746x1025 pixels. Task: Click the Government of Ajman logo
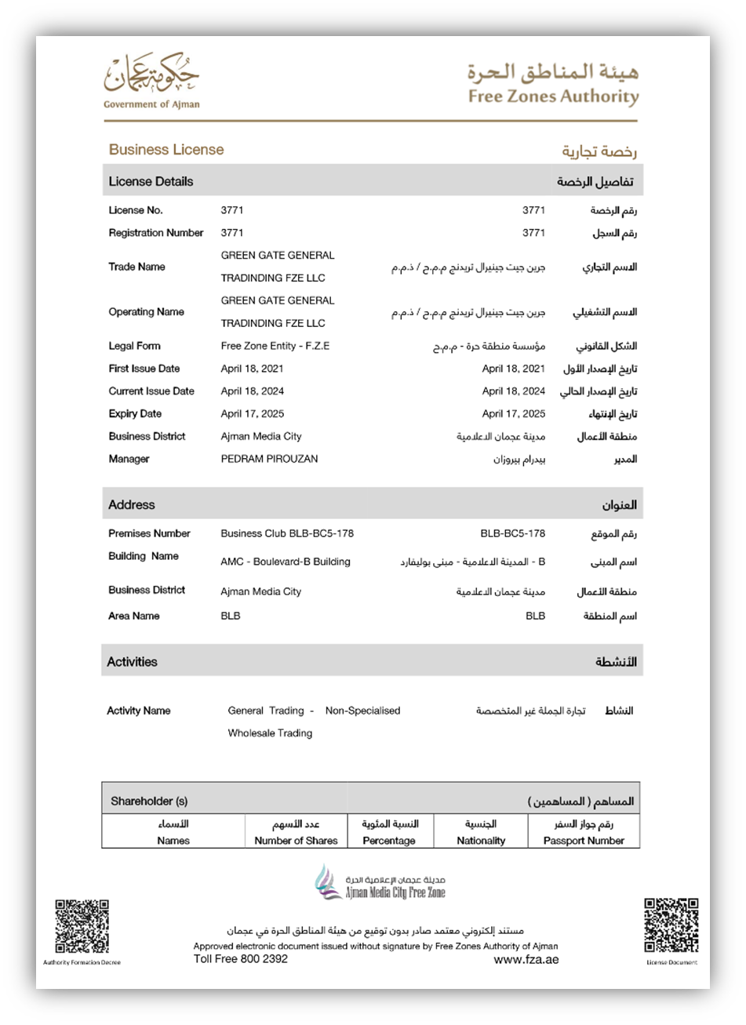pyautogui.click(x=151, y=82)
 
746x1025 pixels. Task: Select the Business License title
pyautogui.click(x=166, y=150)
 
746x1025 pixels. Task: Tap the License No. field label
pyautogui.click(x=136, y=210)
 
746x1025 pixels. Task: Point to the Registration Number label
pyautogui.click(x=156, y=233)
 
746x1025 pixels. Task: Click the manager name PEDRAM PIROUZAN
pyautogui.click(x=269, y=459)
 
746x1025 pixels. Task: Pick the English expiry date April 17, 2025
pyautogui.click(x=253, y=413)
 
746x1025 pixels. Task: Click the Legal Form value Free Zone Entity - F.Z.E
pyautogui.click(x=275, y=346)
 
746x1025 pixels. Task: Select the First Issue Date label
pyautogui.click(x=144, y=369)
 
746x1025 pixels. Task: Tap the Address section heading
pyautogui.click(x=132, y=505)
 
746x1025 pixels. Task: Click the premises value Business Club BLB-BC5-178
pyautogui.click(x=287, y=533)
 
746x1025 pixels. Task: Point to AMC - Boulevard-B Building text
pyautogui.click(x=286, y=562)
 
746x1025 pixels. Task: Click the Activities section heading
pyautogui.click(x=133, y=662)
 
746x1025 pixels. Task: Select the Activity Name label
pyautogui.click(x=139, y=711)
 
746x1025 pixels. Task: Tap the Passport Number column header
pyautogui.click(x=584, y=841)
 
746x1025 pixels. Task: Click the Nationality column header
pyautogui.click(x=481, y=841)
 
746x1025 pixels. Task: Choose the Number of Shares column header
pyautogui.click(x=296, y=841)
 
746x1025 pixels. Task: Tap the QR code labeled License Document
pyautogui.click(x=671, y=926)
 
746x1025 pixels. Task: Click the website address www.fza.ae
pyautogui.click(x=526, y=959)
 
